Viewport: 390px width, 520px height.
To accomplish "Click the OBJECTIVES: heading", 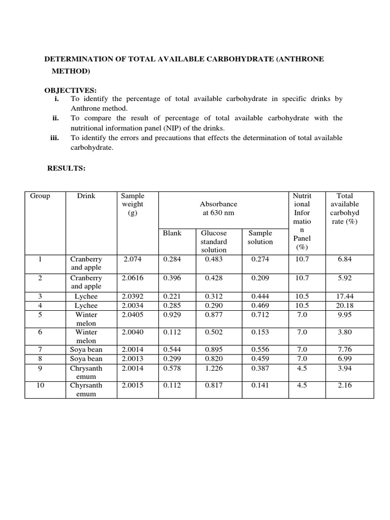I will pos(70,90).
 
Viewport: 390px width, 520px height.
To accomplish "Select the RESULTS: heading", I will pos(66,168).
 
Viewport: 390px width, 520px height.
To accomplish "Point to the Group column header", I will pos(40,196).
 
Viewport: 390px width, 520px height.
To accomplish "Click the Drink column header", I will pos(86,196).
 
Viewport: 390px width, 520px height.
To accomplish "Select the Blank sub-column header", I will pos(172,233).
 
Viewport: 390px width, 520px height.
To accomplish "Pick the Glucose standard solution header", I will pos(214,241).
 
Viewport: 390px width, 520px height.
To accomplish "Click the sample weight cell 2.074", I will pos(133,259).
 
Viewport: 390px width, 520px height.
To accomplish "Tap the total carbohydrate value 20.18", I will pos(345,306).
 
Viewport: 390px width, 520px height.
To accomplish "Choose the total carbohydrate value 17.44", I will pos(345,297).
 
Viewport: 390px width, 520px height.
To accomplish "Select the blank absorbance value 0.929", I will pos(172,315).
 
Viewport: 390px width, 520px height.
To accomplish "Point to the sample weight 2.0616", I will pos(133,278).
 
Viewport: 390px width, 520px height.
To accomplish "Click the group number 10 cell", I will pos(40,385).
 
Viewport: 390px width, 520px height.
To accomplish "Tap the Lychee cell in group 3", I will pos(86,297).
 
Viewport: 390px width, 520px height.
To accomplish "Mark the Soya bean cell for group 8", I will pos(86,359).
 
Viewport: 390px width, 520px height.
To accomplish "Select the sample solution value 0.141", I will pos(260,385).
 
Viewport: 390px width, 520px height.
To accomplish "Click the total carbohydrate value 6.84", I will pos(345,259).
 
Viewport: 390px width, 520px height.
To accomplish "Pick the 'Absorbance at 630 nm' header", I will pos(218,208).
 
